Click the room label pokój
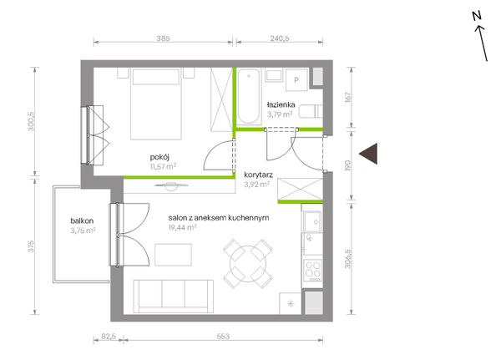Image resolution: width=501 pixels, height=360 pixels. click(159, 157)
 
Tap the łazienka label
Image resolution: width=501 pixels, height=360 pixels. click(281, 104)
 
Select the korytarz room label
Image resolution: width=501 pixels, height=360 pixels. click(258, 175)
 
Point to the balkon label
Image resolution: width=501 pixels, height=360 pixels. click(82, 221)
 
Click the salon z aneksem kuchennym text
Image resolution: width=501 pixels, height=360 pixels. click(219, 218)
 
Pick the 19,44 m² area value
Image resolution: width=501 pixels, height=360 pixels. click(182, 228)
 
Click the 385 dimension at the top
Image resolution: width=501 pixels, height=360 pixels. click(163, 38)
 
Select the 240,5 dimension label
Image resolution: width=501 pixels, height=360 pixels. click(280, 38)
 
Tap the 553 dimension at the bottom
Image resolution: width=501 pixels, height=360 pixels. click(223, 337)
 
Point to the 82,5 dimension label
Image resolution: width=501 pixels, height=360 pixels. click(109, 337)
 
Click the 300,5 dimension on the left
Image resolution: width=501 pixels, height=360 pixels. click(31, 121)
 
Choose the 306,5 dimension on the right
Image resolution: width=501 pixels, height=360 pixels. click(348, 259)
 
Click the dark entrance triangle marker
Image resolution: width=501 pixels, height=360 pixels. click(371, 154)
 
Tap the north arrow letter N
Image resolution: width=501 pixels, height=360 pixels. click(477, 16)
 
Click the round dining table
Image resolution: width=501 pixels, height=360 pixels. click(248, 264)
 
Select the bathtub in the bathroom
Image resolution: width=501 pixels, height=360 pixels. click(249, 97)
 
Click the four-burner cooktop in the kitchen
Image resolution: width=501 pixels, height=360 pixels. click(313, 270)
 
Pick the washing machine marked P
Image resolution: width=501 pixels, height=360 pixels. click(296, 80)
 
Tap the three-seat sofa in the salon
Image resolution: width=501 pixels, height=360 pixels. click(174, 297)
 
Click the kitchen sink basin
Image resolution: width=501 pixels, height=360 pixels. click(312, 222)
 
